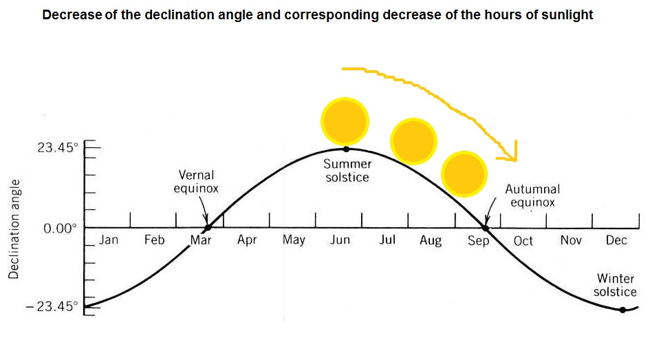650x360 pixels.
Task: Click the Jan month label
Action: pos(109,240)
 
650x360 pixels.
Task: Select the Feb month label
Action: pos(154,240)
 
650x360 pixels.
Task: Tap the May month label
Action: pos(294,240)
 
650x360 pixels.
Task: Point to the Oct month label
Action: pos(523,241)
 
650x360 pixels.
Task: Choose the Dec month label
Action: pos(616,240)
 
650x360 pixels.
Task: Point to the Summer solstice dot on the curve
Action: pos(346,149)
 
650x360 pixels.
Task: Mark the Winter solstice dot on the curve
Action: pos(622,310)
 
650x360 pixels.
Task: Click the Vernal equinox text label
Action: pos(196,182)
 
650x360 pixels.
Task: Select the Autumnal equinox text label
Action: pos(532,195)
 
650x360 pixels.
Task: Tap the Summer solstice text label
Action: pos(347,171)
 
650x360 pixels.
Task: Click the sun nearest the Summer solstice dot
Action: pos(345,121)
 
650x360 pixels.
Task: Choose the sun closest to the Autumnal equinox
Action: pos(464,174)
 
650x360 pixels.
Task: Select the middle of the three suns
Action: pos(413,140)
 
